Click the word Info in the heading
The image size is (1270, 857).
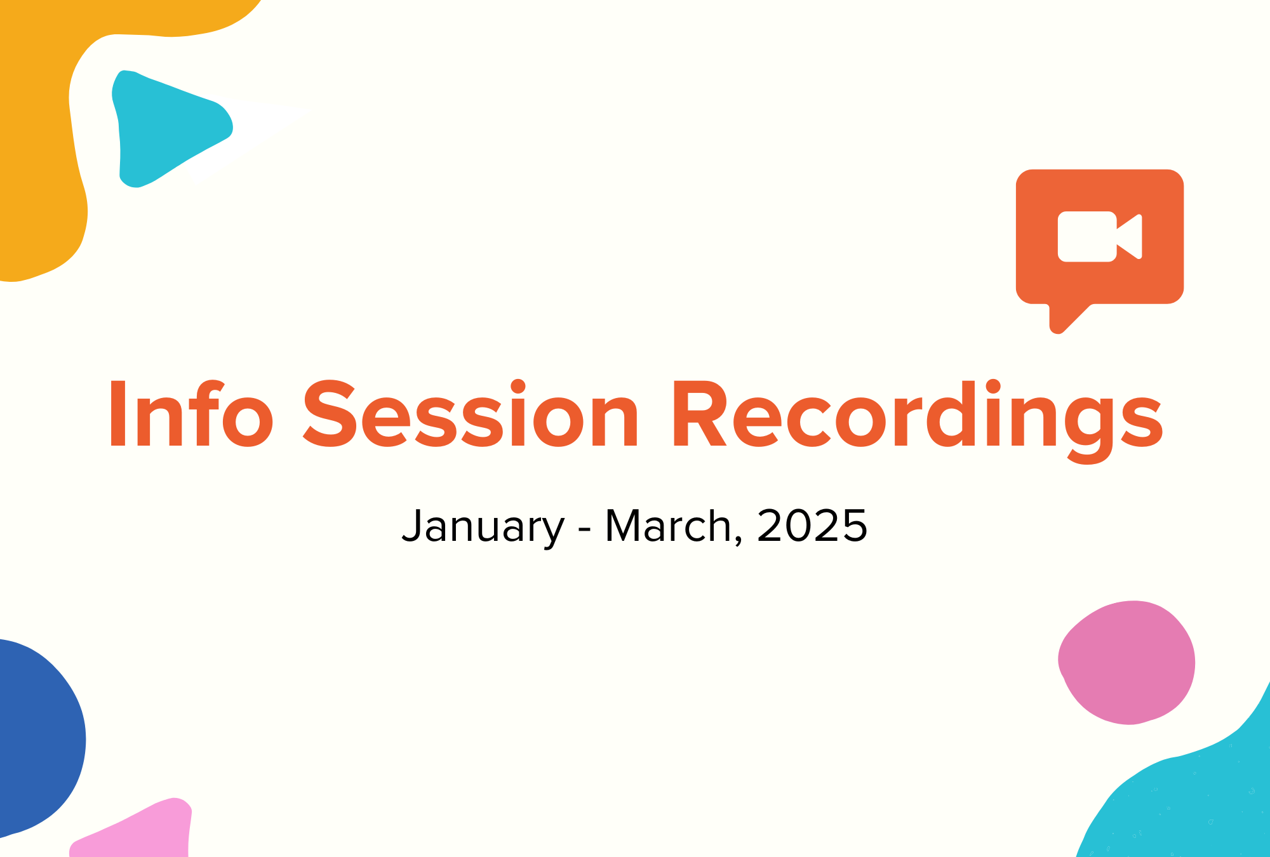(191, 415)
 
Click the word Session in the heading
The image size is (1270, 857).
(471, 415)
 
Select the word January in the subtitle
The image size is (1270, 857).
(483, 526)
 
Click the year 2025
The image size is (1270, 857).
(812, 526)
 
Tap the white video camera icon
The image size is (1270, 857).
(1099, 236)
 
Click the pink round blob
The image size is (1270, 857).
(1128, 662)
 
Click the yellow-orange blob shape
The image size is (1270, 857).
(38, 127)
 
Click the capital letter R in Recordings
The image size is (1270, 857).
(699, 415)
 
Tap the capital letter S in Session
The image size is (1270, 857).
(329, 415)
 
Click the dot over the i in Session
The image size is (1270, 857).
(518, 386)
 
